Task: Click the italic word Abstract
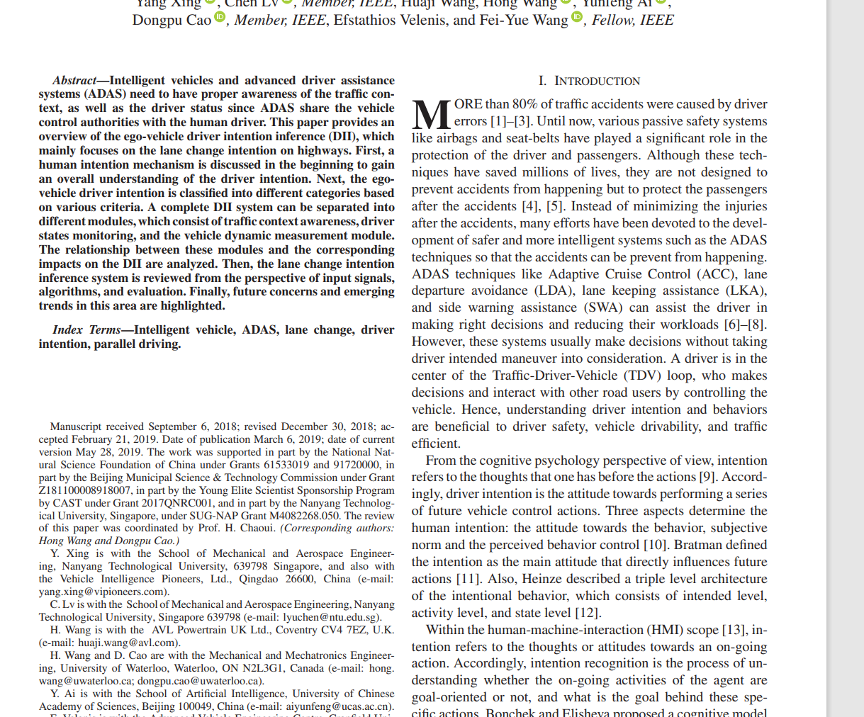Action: pos(74,81)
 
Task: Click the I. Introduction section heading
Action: pos(589,81)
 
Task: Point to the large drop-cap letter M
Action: pos(431,114)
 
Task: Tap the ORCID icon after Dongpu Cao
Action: pos(220,17)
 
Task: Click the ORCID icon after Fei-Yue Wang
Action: pos(577,17)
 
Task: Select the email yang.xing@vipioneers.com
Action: pos(103,592)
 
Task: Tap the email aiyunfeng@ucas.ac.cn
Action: pos(339,706)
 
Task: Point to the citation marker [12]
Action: pos(588,613)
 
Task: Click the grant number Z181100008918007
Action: pos(85,490)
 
